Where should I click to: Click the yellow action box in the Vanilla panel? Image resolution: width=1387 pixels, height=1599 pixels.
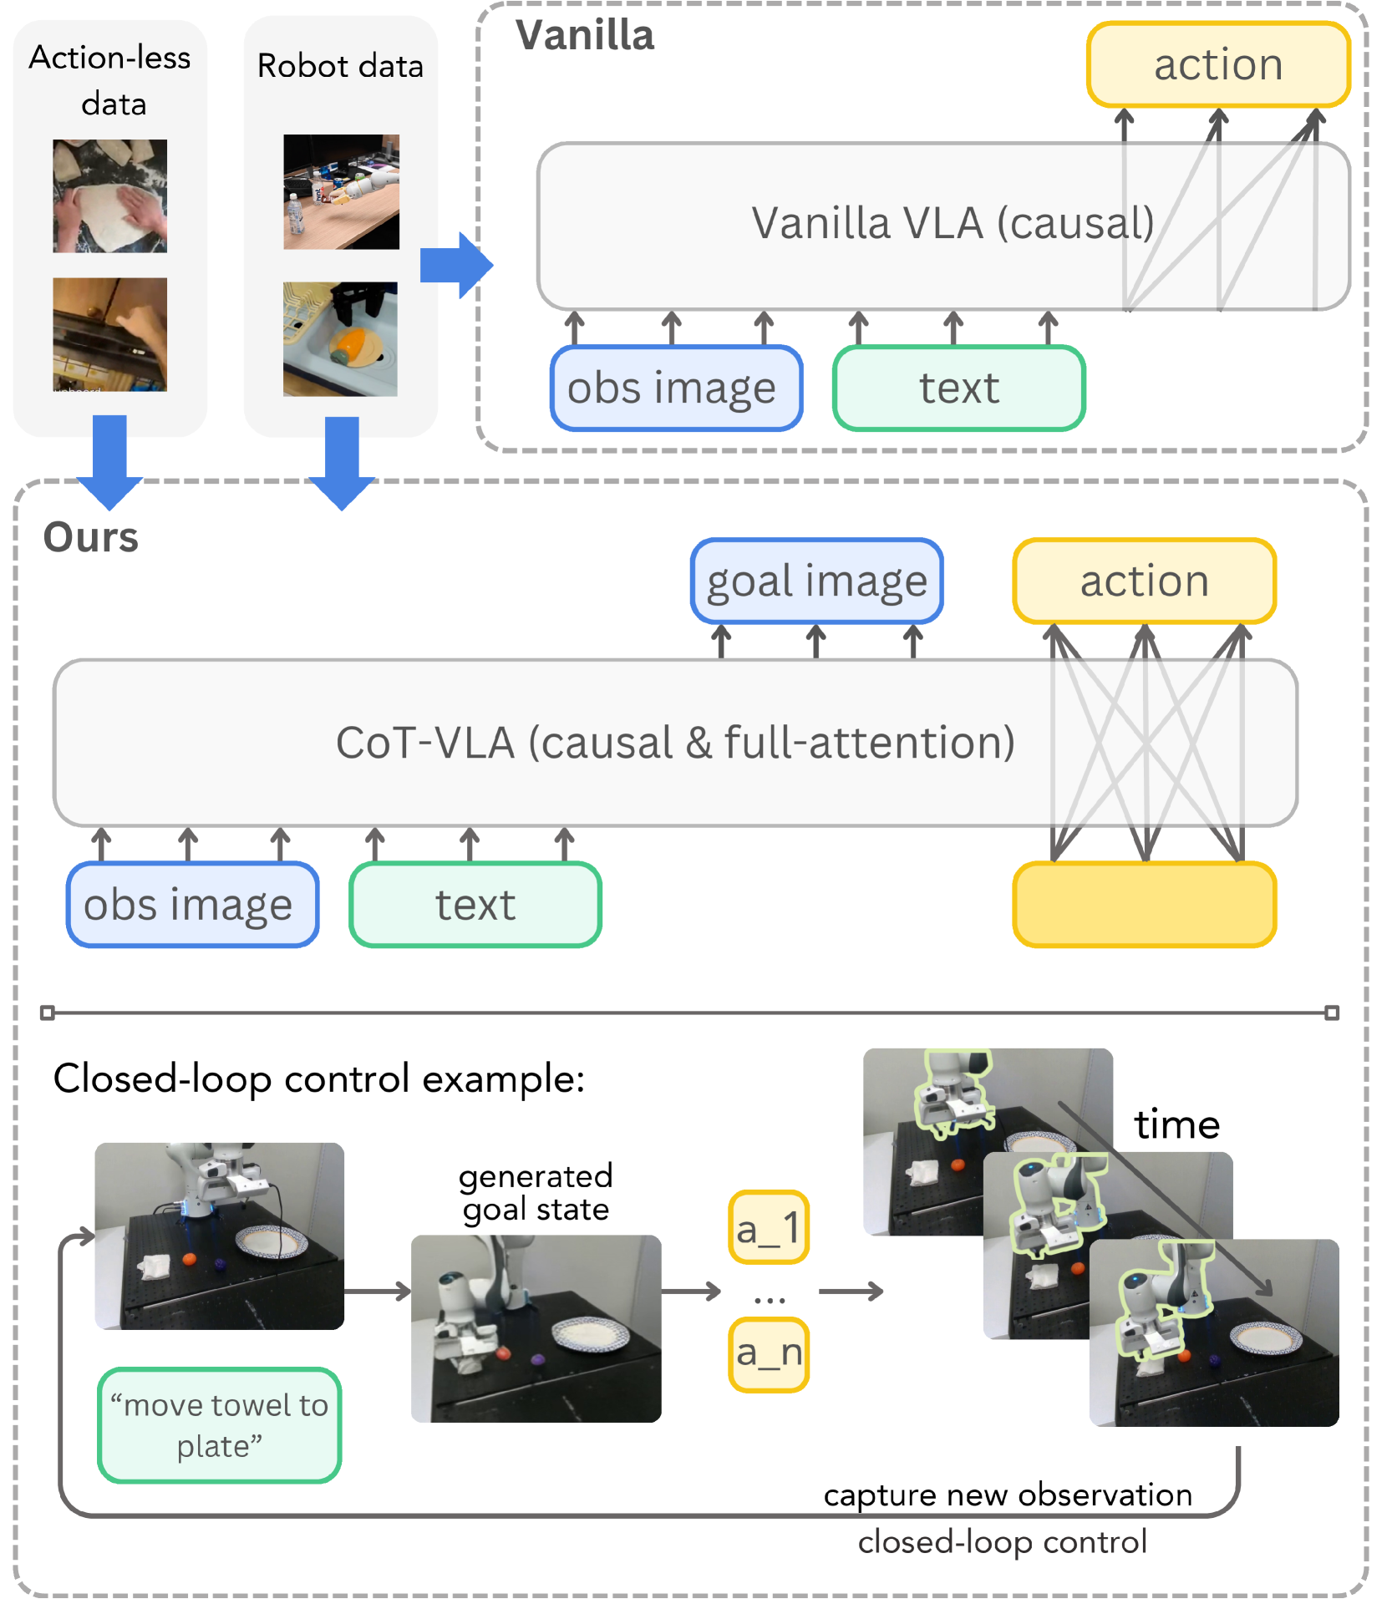(x=1217, y=65)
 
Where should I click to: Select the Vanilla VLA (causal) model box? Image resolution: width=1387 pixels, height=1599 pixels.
(x=836, y=226)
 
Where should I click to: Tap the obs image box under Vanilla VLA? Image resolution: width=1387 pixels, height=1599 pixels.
(x=675, y=388)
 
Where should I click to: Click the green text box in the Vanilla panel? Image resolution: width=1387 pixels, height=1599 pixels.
(x=958, y=388)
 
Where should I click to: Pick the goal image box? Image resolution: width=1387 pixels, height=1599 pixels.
(x=816, y=581)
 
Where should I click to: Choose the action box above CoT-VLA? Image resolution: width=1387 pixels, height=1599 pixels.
(x=1144, y=581)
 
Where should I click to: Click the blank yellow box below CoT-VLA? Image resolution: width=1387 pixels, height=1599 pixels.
(x=1144, y=905)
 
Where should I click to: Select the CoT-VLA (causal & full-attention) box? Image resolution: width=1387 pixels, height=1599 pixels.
(x=585, y=743)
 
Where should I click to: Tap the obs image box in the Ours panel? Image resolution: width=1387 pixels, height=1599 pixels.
(x=192, y=905)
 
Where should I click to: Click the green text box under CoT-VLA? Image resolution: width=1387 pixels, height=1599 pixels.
(x=475, y=905)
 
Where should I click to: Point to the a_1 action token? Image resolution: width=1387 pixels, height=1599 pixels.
(x=768, y=1227)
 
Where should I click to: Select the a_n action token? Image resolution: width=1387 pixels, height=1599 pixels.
(x=768, y=1353)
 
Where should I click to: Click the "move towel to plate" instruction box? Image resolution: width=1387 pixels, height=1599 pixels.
(x=219, y=1425)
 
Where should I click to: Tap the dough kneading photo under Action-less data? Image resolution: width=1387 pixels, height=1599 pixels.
(x=109, y=196)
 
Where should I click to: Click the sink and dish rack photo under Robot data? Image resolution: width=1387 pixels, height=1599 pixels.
(x=340, y=339)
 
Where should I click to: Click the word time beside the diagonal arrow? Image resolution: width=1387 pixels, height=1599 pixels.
(x=1176, y=1125)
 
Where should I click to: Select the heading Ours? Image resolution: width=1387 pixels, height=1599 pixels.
(x=90, y=537)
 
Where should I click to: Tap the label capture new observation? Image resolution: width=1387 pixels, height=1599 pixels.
(x=1008, y=1495)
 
